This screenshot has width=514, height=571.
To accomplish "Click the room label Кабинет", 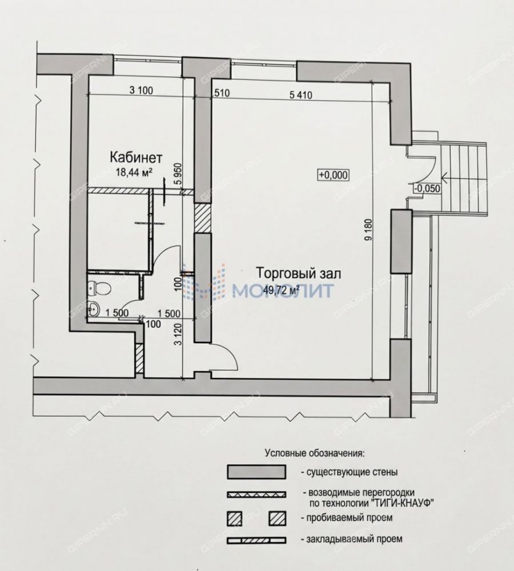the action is point(136,158).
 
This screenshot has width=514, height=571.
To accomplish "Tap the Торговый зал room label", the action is point(299,273).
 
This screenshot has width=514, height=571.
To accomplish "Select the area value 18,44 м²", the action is point(134,172).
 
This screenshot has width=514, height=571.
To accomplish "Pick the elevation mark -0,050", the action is point(427,188).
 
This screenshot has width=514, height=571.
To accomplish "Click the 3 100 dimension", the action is point(141,90).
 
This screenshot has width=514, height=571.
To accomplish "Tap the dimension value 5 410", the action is point(301,95).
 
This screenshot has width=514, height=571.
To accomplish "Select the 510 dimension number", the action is point(221,93).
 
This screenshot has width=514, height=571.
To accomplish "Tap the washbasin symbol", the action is point(94,309).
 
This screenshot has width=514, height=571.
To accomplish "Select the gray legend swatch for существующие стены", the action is point(256,472).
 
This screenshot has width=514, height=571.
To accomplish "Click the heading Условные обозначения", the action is point(314,453).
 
